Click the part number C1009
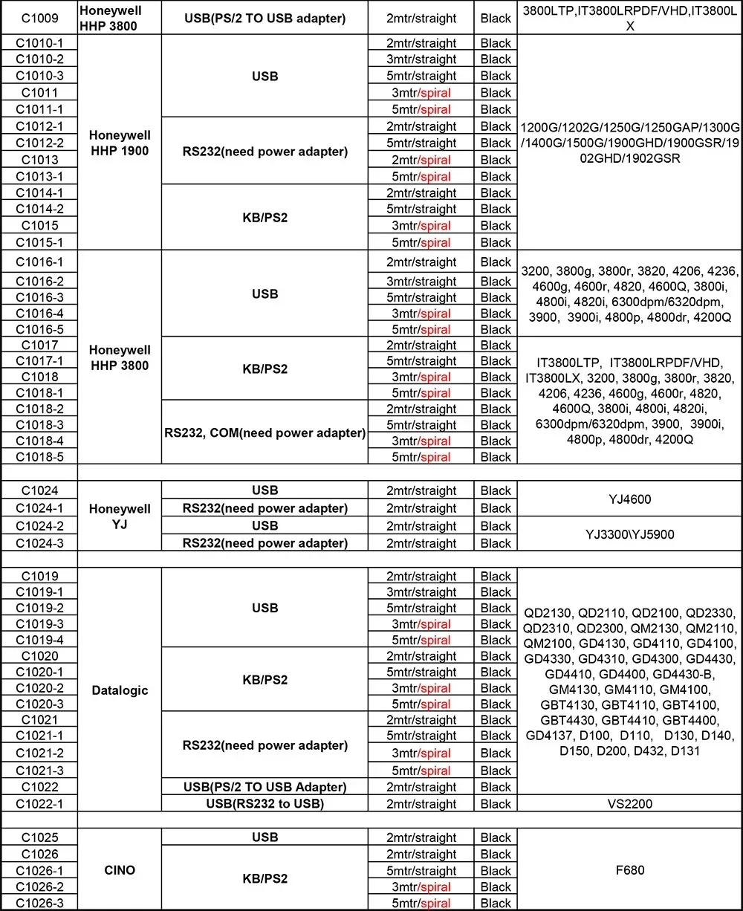click(39, 18)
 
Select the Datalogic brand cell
click(120, 690)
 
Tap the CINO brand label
click(120, 869)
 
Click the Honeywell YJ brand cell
click(120, 517)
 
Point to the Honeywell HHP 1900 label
click(119, 143)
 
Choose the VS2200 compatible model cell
click(629, 804)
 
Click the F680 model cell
click(629, 869)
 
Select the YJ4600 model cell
click(629, 499)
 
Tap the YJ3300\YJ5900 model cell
click(629, 534)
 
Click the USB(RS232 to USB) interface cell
click(265, 804)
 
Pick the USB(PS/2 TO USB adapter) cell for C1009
click(265, 18)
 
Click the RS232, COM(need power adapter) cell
click(265, 432)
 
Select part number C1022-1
click(39, 804)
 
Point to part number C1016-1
click(39, 262)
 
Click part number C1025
click(39, 837)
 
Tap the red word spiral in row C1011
click(435, 93)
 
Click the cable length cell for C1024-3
click(421, 543)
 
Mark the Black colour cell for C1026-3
click(496, 904)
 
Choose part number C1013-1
click(39, 176)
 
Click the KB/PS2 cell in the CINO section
click(265, 878)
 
